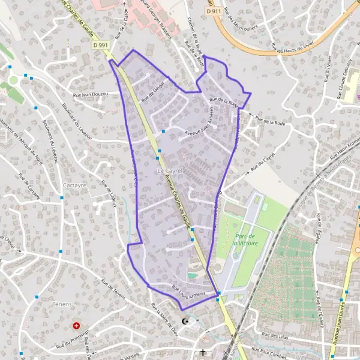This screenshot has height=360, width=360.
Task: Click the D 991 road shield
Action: [x=100, y=44]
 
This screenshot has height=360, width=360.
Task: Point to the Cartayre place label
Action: [x=74, y=185]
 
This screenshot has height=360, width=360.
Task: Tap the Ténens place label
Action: [x=62, y=305]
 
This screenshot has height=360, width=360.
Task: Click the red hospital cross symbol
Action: [x=76, y=326]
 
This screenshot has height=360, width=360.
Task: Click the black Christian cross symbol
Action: [x=203, y=352]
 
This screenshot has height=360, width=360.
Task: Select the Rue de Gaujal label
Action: [x=152, y=93]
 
